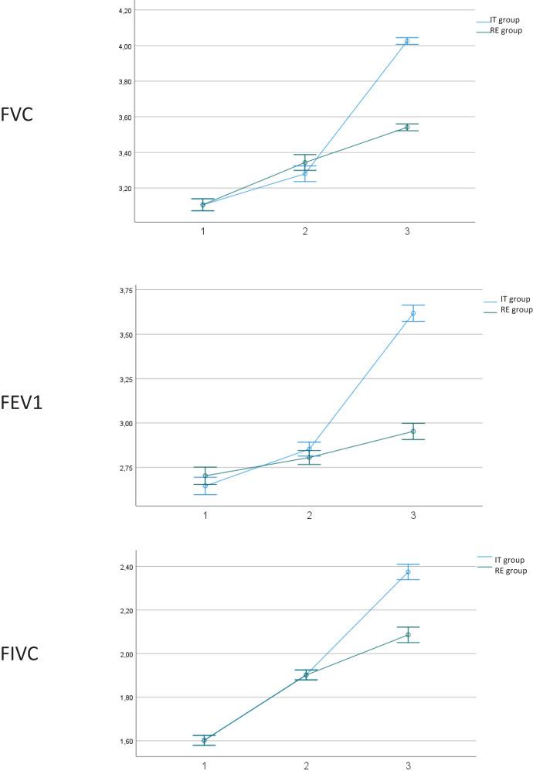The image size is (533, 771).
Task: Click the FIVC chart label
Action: pos(22,653)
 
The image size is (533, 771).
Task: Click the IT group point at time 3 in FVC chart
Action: pos(407,41)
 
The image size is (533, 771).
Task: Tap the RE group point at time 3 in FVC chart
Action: pos(407,127)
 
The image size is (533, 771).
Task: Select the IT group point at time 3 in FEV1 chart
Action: pos(413,313)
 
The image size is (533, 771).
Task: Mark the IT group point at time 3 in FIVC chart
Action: pos(408,572)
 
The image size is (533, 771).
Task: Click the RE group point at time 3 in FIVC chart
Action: pos(408,635)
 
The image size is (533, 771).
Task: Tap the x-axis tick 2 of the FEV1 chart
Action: pos(310,515)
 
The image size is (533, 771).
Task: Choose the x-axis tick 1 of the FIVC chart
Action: pos(205,766)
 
